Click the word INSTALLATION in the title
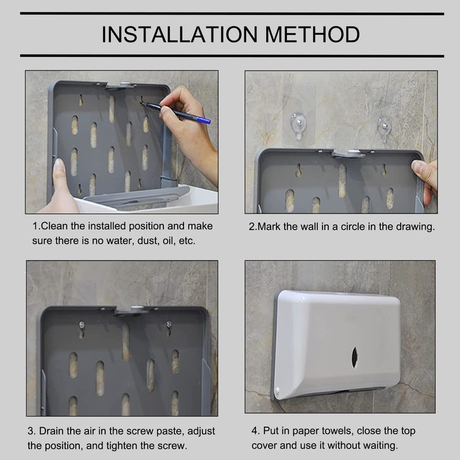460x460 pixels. (x=179, y=34)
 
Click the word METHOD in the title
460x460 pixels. (x=312, y=34)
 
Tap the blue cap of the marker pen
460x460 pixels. (x=204, y=119)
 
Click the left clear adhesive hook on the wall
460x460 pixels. (x=298, y=125)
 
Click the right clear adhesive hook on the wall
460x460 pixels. (x=384, y=128)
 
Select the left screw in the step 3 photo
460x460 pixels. (x=82, y=325)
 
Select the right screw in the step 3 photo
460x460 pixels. (x=168, y=324)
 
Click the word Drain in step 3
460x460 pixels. (x=51, y=431)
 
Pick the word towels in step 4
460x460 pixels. (x=338, y=431)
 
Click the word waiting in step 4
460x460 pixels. (x=380, y=445)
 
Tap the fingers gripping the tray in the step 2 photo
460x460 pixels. (x=425, y=179)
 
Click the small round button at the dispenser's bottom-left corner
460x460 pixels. (x=277, y=391)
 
